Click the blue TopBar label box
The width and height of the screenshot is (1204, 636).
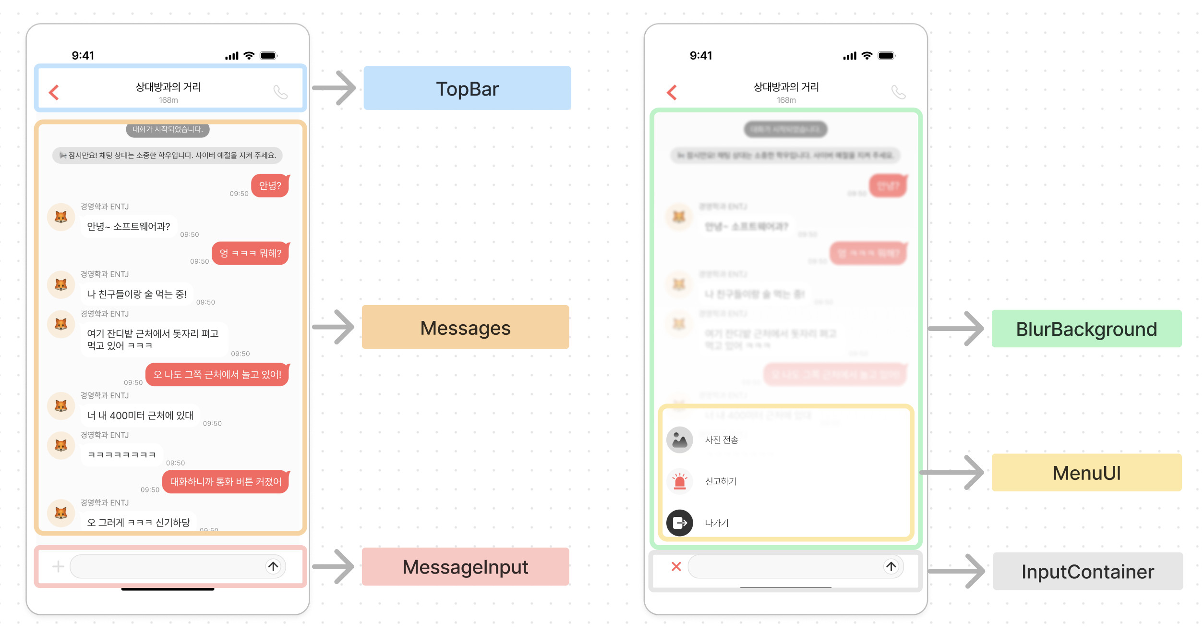coord(467,88)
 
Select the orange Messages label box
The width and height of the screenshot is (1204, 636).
coord(465,327)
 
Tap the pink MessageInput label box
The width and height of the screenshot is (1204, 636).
coord(465,566)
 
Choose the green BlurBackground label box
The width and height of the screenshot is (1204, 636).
coord(1086,329)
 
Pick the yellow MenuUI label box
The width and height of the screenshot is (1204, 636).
coord(1086,473)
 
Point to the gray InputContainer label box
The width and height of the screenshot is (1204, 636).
coord(1087,571)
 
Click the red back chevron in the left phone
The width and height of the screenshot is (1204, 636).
coord(54,92)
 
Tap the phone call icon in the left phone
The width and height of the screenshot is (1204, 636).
coord(280,92)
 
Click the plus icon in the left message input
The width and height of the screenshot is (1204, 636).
coord(58,566)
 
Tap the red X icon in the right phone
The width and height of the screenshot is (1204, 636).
coord(676,566)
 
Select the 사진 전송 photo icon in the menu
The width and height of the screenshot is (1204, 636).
coord(679,440)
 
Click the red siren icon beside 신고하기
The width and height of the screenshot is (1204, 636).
coord(679,481)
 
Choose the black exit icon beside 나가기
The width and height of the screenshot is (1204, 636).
coord(679,523)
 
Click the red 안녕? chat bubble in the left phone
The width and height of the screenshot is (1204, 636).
coord(270,185)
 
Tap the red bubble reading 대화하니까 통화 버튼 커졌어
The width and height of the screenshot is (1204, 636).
coord(226,481)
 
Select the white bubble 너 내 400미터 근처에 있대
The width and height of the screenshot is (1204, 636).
coord(140,416)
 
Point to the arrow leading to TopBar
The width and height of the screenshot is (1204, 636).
coord(335,88)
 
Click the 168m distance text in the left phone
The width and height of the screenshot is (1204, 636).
coord(168,100)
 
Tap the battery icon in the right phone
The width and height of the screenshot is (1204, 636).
coord(886,56)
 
